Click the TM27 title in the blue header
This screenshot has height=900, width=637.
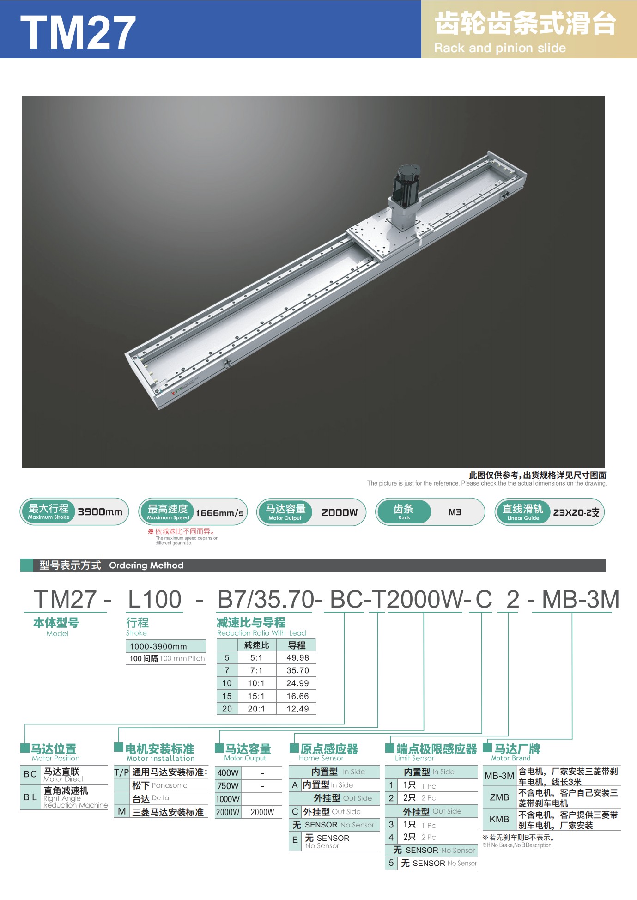click(x=78, y=32)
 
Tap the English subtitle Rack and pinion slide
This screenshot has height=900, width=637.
click(x=500, y=48)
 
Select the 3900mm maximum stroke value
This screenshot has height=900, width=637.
click(x=100, y=512)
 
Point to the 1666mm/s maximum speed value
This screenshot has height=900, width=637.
click(x=219, y=513)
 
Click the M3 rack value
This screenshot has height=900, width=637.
click(x=455, y=512)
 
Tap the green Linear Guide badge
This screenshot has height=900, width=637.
click(x=522, y=512)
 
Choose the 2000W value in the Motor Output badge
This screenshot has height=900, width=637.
click(x=340, y=512)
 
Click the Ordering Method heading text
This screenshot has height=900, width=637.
click(x=146, y=566)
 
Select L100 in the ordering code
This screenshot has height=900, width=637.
click(x=154, y=599)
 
